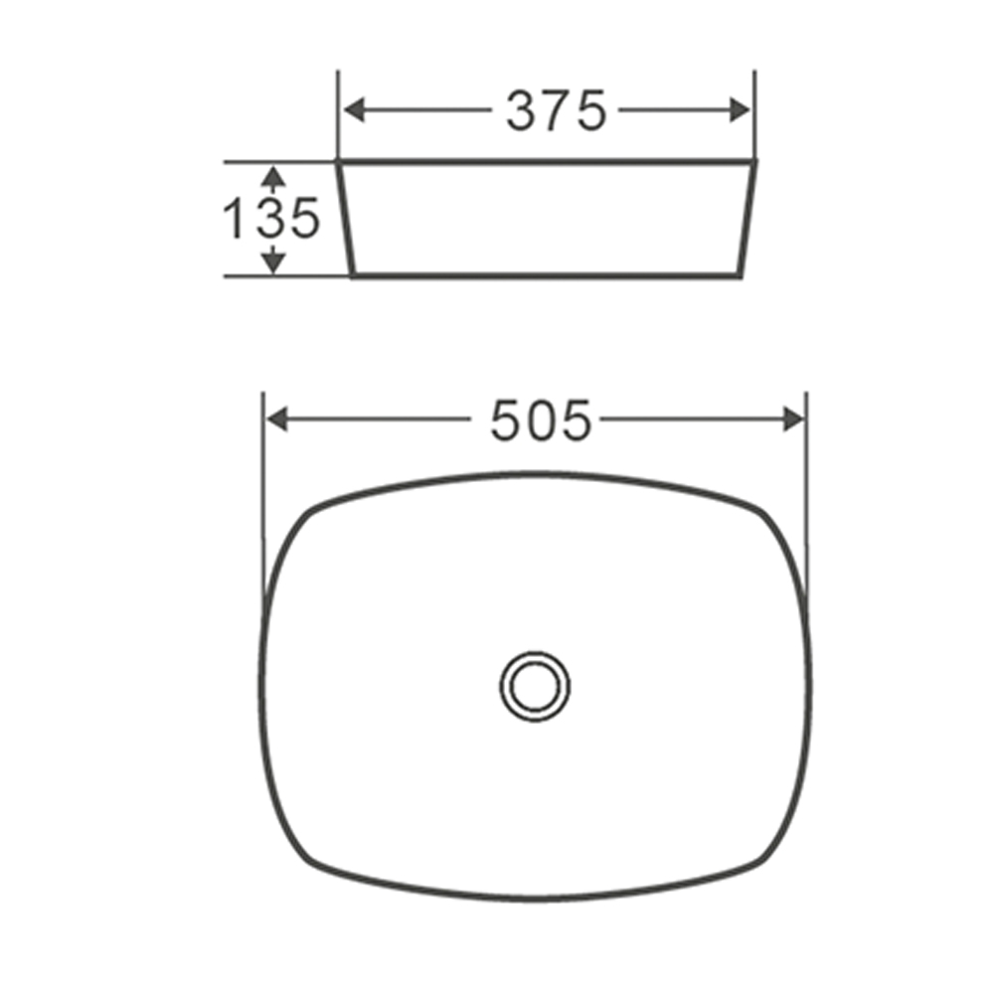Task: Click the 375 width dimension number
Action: [x=556, y=110]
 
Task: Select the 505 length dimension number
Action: [x=541, y=420]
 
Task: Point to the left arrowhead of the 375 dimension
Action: [x=354, y=110]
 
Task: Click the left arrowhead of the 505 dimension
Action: [x=277, y=420]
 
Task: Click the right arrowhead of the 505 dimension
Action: [x=794, y=420]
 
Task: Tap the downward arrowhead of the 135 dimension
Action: [x=273, y=261]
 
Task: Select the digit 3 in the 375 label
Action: [x=523, y=110]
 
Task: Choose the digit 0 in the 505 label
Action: [x=541, y=420]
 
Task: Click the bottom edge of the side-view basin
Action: [x=547, y=274]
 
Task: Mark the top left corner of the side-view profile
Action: [x=340, y=161]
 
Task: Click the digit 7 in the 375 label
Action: [x=556, y=110]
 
